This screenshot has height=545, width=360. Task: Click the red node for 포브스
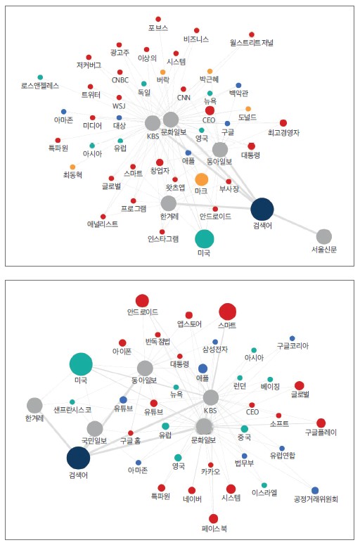[158, 19]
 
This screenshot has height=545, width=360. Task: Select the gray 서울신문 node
[324, 237]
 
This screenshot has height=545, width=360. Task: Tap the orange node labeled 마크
[202, 179]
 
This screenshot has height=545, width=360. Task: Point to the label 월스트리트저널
[252, 43]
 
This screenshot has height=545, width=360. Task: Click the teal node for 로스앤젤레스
[40, 77]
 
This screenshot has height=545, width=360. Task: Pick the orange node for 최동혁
[72, 167]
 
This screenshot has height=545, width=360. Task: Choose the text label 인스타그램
[163, 239]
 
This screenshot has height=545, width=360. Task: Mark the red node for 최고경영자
[283, 123]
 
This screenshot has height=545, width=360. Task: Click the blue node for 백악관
[238, 85]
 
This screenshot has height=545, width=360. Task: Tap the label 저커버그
[89, 65]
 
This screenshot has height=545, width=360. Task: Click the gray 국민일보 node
[95, 428]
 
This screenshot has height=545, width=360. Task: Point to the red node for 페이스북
[213, 518]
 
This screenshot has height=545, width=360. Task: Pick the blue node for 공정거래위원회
[315, 490]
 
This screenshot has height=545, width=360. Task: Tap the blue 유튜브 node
[123, 399]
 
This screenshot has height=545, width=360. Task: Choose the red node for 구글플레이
[321, 423]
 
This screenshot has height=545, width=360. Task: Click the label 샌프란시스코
[72, 410]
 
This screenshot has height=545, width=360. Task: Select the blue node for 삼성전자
[215, 342]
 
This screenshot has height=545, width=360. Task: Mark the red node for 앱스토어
[188, 315]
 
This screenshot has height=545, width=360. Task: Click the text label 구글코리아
[292, 346]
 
